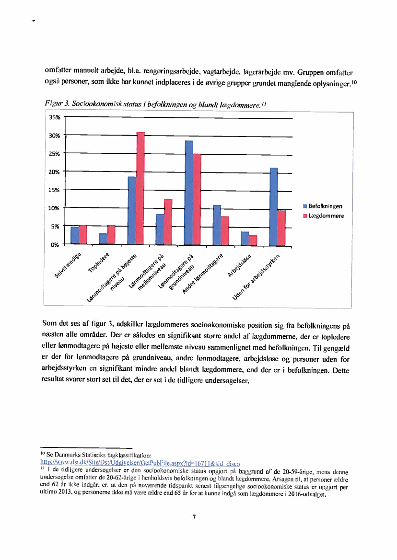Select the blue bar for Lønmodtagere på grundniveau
pos(189,192)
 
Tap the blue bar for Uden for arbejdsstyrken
pos(274,206)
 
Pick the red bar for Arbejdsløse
pos(253,240)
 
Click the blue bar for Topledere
pos(103,239)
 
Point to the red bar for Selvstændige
pos(83,234)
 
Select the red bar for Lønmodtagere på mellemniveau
pos(168,221)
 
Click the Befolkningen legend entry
pos(323,206)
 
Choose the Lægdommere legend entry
pos(323,216)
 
